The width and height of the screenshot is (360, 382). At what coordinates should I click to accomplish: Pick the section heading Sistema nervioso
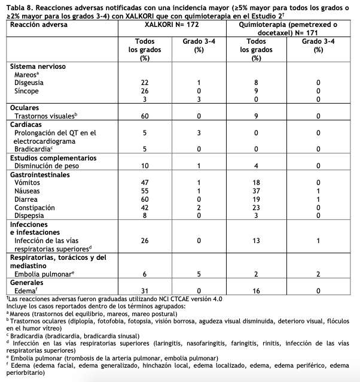pyautogui.click(x=38, y=66)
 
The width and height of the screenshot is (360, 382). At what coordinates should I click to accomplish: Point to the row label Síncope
pyautogui.click(x=28, y=90)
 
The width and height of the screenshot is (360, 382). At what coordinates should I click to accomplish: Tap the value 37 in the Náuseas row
pyautogui.click(x=256, y=190)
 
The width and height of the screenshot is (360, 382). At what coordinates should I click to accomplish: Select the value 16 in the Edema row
pyautogui.click(x=256, y=290)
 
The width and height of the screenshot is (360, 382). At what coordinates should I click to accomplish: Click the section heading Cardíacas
pyautogui.click(x=25, y=124)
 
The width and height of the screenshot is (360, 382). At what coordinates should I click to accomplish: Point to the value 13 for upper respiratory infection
pyautogui.click(x=256, y=241)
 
